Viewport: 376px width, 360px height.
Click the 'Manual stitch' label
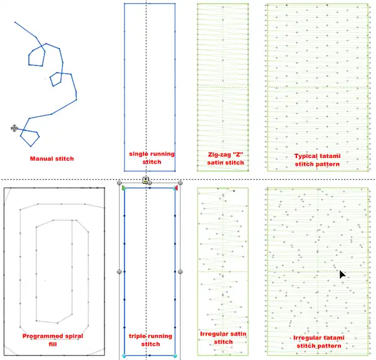click(x=52, y=159)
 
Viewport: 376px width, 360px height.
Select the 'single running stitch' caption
click(x=152, y=157)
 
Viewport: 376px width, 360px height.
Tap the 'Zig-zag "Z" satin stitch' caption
click(x=226, y=159)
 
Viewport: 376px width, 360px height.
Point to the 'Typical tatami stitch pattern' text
click(x=317, y=160)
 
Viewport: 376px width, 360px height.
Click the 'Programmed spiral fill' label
click(x=53, y=340)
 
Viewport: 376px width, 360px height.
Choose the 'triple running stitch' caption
click(x=150, y=340)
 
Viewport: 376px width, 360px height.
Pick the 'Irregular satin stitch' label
click(x=223, y=337)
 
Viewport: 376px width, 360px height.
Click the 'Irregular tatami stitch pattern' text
click(x=319, y=342)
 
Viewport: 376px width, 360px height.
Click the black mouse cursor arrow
click(x=342, y=274)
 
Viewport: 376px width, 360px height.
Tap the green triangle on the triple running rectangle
click(x=123, y=188)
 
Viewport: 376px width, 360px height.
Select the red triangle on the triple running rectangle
click(x=175, y=188)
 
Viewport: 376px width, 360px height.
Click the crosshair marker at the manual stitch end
click(x=14, y=128)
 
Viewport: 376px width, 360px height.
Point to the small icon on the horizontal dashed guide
click(x=145, y=180)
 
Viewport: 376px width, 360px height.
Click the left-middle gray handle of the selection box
click(x=119, y=272)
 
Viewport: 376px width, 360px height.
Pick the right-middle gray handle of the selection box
click(x=180, y=272)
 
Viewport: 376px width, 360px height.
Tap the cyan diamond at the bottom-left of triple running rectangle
click(x=124, y=356)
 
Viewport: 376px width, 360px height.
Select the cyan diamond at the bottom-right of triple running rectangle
click(x=175, y=356)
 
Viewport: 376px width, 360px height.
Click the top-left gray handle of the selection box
click(x=119, y=183)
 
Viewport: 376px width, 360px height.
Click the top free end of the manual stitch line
click(x=15, y=22)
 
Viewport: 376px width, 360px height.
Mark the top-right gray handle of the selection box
click(x=180, y=183)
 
